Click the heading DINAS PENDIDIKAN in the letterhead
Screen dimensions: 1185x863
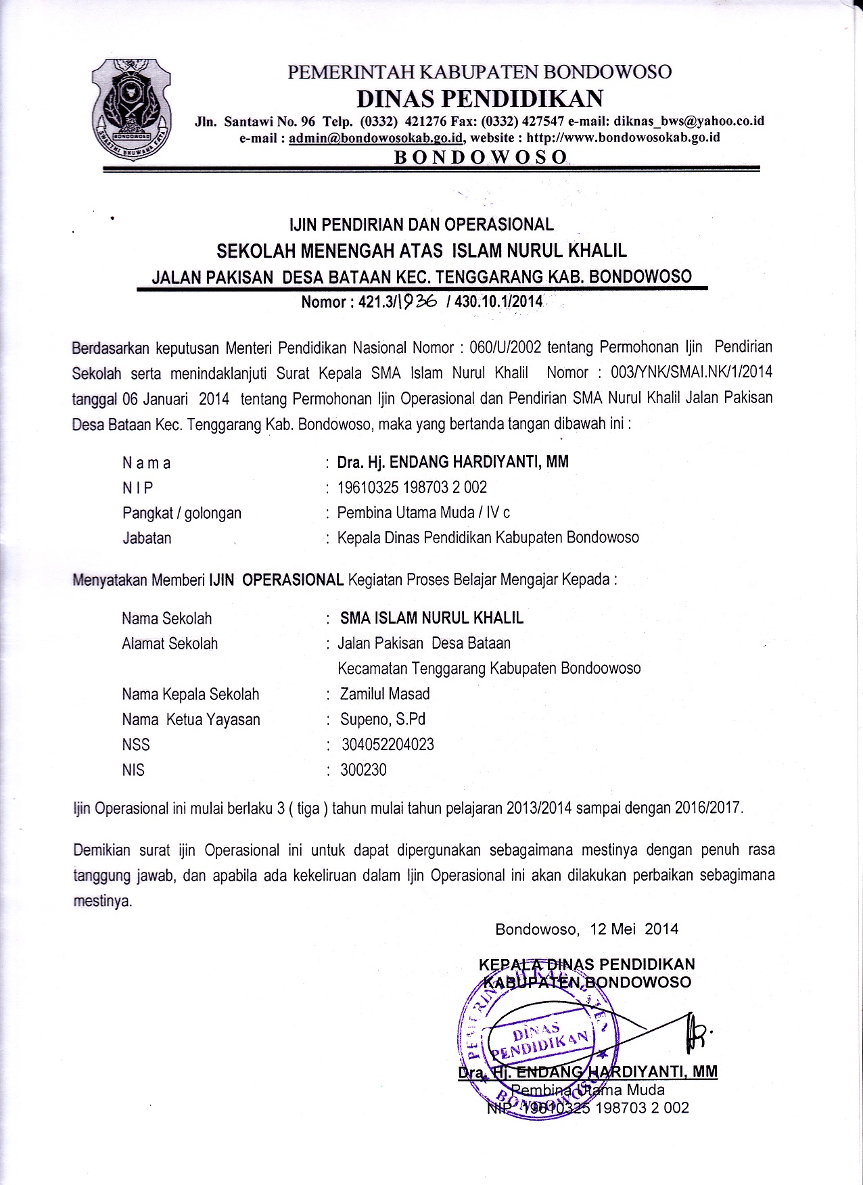click(x=480, y=98)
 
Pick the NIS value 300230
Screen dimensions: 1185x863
click(x=364, y=770)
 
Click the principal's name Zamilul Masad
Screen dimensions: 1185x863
click(x=385, y=694)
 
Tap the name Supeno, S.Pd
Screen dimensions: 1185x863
click(x=383, y=719)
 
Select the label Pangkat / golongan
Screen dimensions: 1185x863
click(x=182, y=513)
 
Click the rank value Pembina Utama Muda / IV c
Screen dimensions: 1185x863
click(x=424, y=513)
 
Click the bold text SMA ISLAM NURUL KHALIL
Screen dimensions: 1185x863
click(x=431, y=618)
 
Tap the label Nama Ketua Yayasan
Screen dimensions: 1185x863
click(x=191, y=720)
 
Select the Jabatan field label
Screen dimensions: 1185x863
click(x=147, y=538)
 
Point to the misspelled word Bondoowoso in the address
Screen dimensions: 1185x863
click(x=601, y=668)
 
